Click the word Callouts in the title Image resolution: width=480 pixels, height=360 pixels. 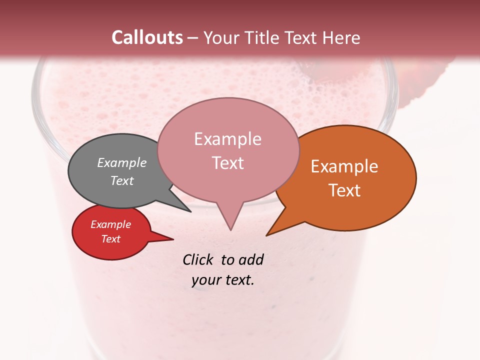(147, 37)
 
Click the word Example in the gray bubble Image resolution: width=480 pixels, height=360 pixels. (122, 162)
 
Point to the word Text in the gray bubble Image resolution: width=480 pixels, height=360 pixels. (122, 180)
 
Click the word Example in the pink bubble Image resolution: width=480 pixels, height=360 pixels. (227, 139)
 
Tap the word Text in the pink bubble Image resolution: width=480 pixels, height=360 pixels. (227, 163)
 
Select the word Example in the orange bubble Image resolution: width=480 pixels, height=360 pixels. (344, 166)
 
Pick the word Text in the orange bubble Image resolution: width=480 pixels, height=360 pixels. (344, 190)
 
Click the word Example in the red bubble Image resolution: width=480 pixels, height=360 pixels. (110, 224)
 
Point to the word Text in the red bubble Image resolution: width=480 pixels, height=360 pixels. (110, 239)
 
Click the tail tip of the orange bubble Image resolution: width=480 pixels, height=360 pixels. (266, 235)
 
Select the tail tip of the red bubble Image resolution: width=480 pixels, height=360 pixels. (173, 239)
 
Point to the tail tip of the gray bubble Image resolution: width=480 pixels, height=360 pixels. (190, 211)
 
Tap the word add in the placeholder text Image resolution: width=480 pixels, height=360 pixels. (251, 259)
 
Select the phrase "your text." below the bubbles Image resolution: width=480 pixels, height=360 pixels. (223, 279)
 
